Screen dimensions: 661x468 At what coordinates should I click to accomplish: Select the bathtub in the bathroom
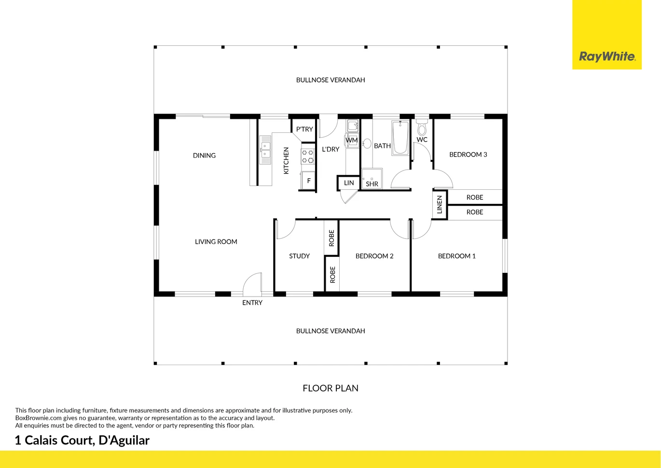click(x=400, y=138)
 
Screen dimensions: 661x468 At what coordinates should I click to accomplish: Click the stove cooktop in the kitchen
click(x=307, y=156)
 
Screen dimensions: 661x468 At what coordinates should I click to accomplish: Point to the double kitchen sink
click(x=265, y=150)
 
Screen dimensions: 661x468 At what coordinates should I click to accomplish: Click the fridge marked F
click(x=308, y=181)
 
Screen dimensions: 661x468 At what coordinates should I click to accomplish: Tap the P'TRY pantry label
click(x=304, y=129)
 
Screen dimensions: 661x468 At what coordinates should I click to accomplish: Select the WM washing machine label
click(x=351, y=140)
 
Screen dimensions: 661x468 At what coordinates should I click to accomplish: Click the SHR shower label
click(x=372, y=184)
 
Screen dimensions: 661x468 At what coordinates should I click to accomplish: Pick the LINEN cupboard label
click(x=440, y=204)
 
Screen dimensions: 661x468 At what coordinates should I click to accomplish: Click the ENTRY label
click(x=252, y=302)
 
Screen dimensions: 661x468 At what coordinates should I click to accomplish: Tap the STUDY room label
click(x=299, y=256)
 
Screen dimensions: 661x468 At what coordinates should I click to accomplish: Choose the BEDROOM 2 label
click(x=374, y=256)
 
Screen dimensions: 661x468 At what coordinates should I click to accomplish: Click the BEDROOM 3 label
click(x=468, y=154)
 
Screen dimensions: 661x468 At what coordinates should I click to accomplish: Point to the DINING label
click(x=204, y=156)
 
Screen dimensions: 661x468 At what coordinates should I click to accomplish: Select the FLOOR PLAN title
click(x=330, y=388)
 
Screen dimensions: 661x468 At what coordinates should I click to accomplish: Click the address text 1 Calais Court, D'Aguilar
click(x=83, y=440)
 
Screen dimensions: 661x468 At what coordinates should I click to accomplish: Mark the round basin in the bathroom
click(x=367, y=143)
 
